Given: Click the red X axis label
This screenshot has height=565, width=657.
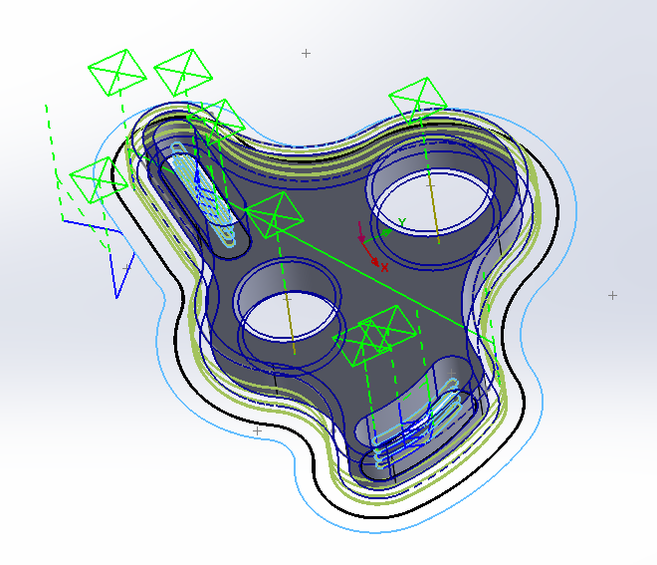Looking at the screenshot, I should [x=384, y=267].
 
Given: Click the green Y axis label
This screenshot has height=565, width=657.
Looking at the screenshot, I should [x=402, y=222].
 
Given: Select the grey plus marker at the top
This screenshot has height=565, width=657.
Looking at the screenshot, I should [x=307, y=53].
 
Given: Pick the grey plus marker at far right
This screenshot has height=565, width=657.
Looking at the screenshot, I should [x=612, y=295].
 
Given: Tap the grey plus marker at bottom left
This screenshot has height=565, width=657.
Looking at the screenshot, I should [x=257, y=431].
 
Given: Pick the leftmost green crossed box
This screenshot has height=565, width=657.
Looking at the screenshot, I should [x=98, y=180].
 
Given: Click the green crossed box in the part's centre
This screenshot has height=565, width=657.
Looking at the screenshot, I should [x=275, y=215].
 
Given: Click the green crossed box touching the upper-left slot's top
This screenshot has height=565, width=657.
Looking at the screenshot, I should [x=217, y=120].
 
